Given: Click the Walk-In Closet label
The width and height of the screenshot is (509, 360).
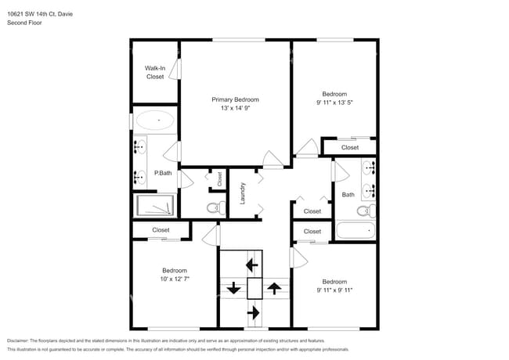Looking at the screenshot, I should click(155, 72).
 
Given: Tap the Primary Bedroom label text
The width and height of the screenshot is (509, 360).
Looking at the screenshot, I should click(235, 99).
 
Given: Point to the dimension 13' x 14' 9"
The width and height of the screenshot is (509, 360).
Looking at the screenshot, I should click(235, 108).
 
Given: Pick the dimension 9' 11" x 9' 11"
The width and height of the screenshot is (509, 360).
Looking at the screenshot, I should click(334, 290).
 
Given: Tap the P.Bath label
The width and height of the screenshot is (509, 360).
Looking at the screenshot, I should click(163, 172).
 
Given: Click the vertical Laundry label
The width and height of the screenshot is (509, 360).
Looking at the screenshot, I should click(243, 193).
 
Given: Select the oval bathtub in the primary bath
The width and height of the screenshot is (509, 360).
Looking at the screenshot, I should click(154, 121).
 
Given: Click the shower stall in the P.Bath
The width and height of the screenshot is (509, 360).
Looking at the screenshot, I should click(154, 205).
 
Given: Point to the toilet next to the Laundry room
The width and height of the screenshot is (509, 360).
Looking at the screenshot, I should click(212, 208).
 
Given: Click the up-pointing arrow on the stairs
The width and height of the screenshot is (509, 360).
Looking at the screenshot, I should click(273, 288).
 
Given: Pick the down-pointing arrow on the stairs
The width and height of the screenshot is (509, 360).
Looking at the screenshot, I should click(233, 288).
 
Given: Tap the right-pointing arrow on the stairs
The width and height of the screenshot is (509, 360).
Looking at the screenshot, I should click(253, 312).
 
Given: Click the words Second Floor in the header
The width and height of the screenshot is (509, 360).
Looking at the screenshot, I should click(24, 23).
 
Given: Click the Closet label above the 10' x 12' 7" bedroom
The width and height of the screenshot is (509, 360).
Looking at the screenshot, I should click(161, 230).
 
